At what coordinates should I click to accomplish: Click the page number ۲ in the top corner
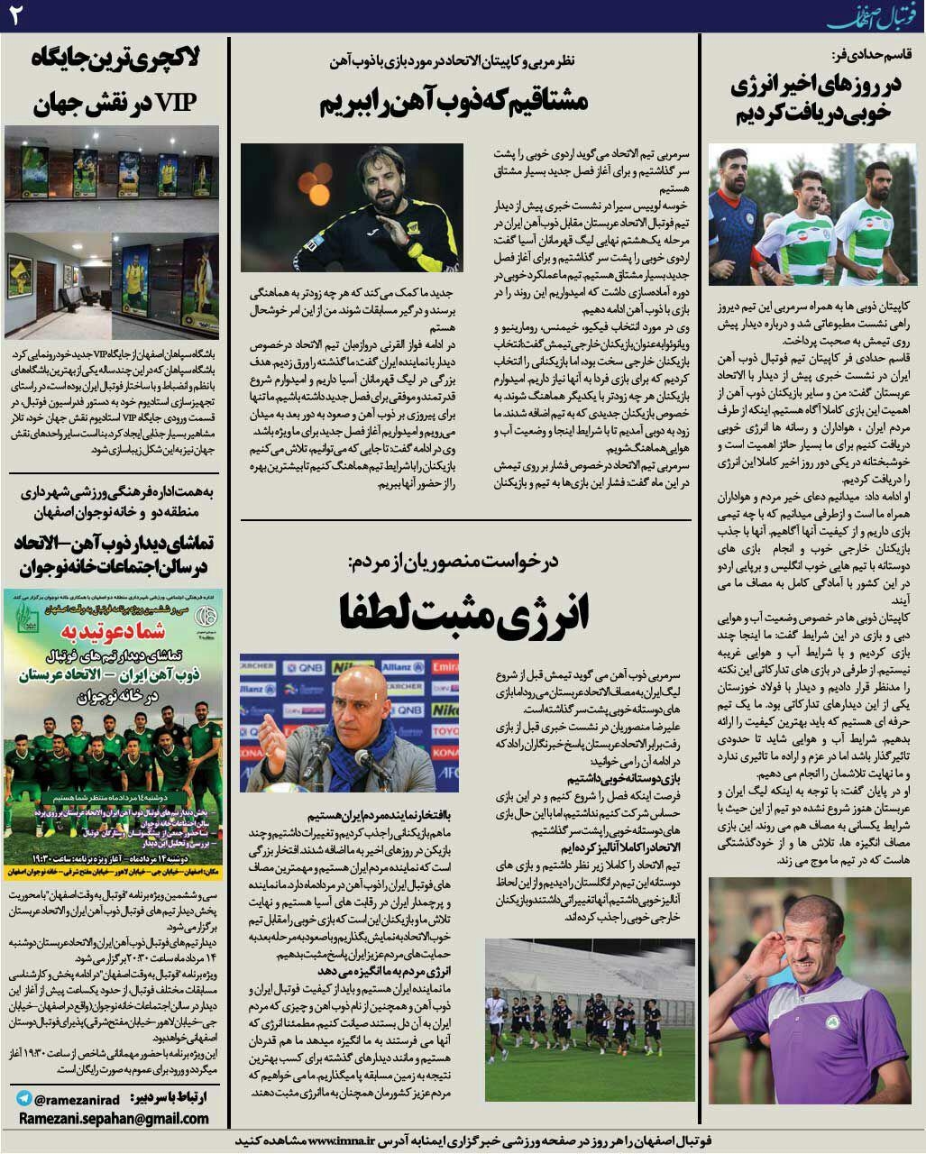click(14, 15)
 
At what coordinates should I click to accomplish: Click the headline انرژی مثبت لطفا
click(464, 614)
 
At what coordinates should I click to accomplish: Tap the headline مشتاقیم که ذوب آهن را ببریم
click(454, 101)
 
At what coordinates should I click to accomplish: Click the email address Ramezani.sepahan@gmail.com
click(112, 1118)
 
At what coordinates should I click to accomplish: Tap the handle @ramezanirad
click(73, 1098)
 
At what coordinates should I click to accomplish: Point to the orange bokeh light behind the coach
click(317, 189)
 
